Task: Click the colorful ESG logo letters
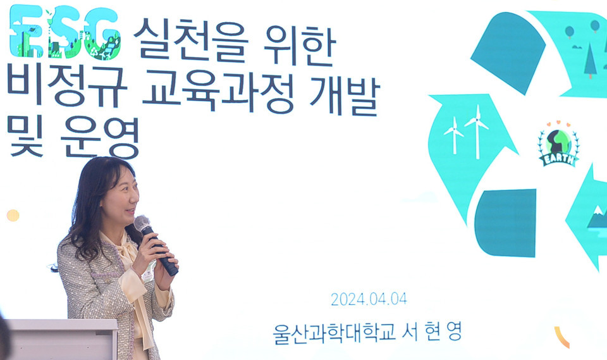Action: point(66,32)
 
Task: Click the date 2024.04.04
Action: point(369,299)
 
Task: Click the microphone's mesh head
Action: point(142,223)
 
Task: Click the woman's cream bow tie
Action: point(130,253)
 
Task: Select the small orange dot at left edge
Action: point(13,215)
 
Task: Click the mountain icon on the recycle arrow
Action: point(597,219)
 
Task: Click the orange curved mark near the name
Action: point(561,337)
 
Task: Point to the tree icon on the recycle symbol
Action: point(591,61)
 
